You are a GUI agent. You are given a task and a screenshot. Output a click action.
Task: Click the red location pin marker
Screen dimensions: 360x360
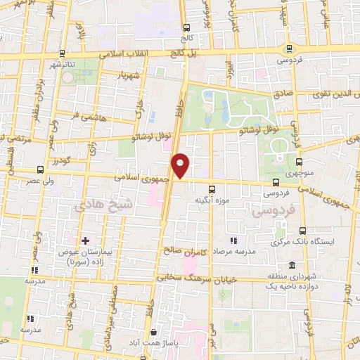coord(181,165)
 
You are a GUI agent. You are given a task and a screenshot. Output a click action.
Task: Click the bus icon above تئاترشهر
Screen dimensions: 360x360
coord(61,53)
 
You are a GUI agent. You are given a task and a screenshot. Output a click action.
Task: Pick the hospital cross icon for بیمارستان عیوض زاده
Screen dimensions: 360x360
coord(86,240)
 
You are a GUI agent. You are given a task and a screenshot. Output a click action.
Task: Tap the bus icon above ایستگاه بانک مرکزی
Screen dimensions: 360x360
coord(302,231)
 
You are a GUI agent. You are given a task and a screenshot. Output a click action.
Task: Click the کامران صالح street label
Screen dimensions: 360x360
coord(184,251)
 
